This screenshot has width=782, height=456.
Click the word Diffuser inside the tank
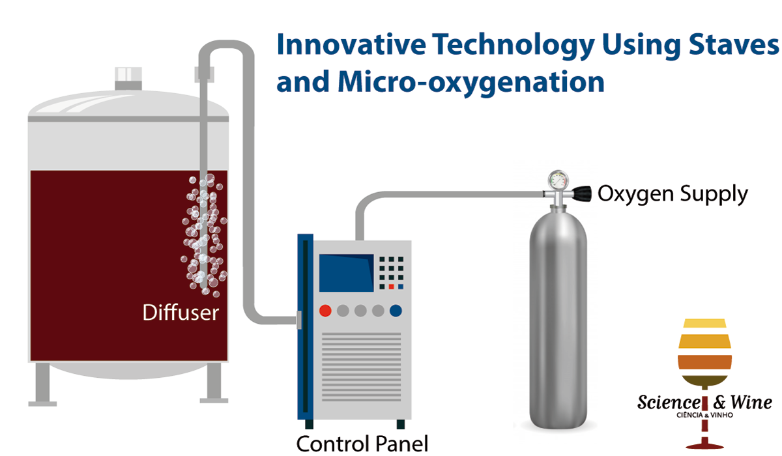[x=181, y=312]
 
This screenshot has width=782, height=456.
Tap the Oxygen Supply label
[x=673, y=194]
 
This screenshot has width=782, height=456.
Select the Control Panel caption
[x=362, y=444]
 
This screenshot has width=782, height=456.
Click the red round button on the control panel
[x=325, y=311]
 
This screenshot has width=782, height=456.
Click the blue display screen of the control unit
[x=346, y=273]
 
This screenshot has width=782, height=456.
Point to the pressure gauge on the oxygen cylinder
[x=558, y=180]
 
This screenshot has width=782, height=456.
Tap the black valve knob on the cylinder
[x=581, y=194]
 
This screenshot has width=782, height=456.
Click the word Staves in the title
[x=734, y=45]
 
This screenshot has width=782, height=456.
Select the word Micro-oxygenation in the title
[x=471, y=82]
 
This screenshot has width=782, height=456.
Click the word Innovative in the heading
[x=351, y=45]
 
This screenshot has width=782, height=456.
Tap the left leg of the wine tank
[x=42, y=384]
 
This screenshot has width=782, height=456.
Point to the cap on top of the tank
[x=128, y=79]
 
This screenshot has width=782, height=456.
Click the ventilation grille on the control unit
[x=361, y=367]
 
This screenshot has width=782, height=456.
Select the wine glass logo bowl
[x=704, y=352]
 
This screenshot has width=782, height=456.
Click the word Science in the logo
[x=669, y=403]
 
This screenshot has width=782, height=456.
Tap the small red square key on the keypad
[x=392, y=287]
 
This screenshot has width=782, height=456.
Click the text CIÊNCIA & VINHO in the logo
[x=704, y=415]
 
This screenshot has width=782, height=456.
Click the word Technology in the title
[x=514, y=46]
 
